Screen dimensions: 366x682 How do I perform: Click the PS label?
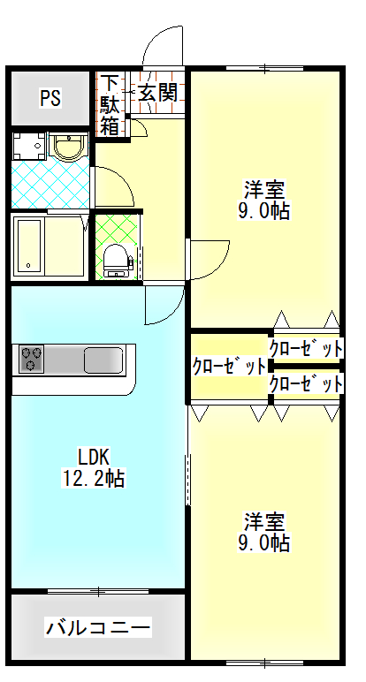[50, 97]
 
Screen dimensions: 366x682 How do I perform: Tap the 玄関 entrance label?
[158, 92]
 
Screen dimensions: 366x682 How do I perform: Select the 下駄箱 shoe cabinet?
[111, 105]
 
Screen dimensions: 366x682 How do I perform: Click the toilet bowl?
[115, 260]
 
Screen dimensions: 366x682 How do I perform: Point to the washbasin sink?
[68, 147]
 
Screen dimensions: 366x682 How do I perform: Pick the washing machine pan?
[28, 146]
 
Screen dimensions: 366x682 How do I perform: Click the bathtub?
[28, 246]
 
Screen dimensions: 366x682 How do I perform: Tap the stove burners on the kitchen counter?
[31, 359]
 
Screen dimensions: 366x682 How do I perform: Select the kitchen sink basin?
[103, 360]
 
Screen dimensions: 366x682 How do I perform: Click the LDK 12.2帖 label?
[93, 467]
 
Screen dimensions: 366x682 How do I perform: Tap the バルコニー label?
[98, 627]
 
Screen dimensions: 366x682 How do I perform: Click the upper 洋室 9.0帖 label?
[263, 200]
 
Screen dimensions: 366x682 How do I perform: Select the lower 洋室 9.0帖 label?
[263, 532]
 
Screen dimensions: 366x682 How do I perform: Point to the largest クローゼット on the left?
[229, 367]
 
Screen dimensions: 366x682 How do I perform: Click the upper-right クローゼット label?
[306, 348]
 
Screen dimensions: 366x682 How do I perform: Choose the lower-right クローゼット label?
[306, 384]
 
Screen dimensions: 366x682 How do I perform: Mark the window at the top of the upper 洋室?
[264, 68]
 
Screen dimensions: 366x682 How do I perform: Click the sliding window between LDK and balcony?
[99, 591]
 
